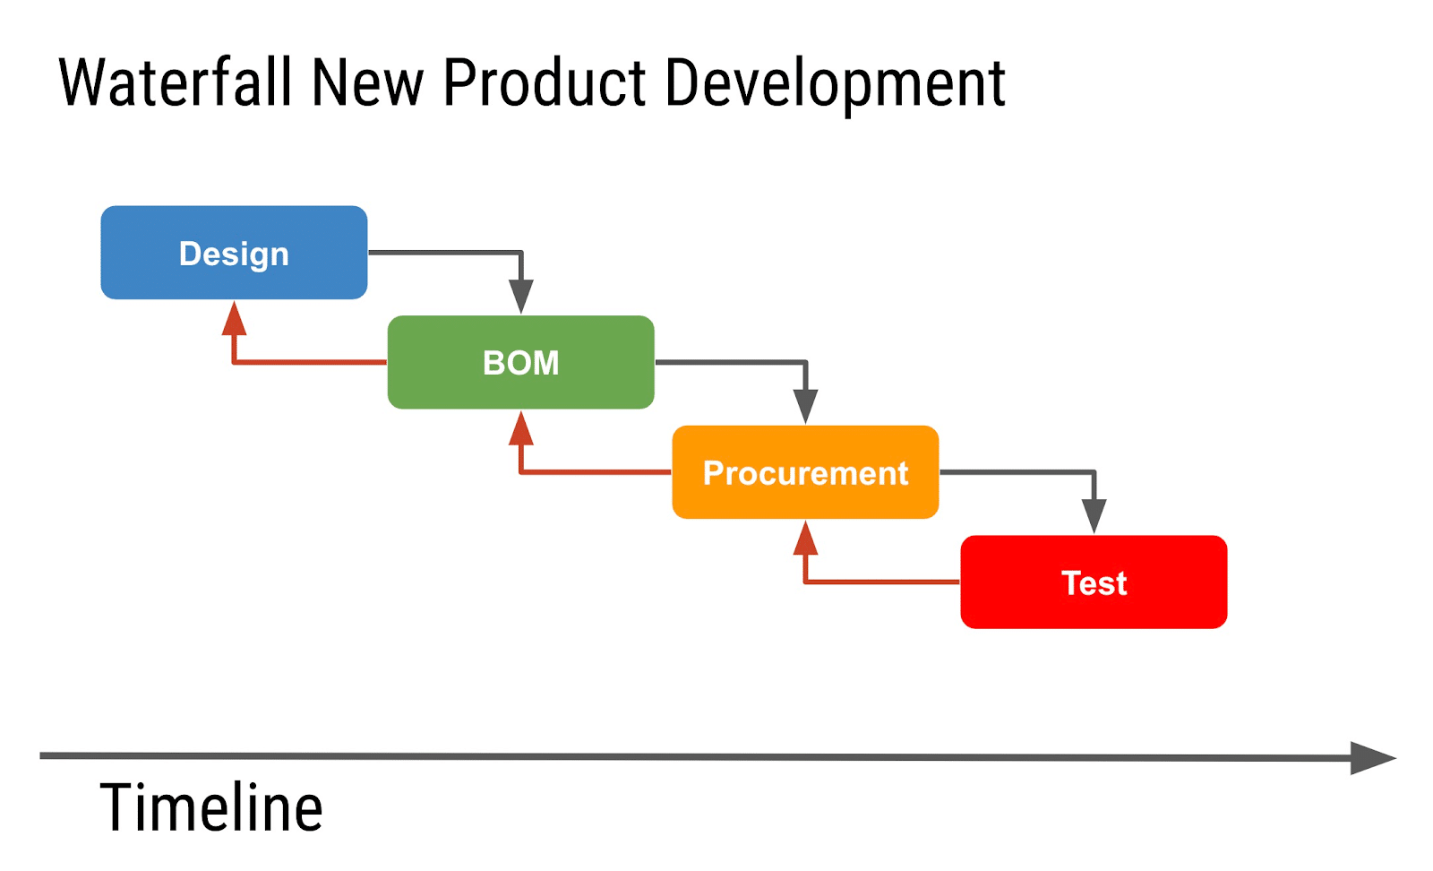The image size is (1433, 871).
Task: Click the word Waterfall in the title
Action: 176,82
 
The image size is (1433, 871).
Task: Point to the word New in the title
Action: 367,82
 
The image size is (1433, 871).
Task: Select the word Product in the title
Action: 545,82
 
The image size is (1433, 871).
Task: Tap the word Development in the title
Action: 835,84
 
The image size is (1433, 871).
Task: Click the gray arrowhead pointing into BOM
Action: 521,296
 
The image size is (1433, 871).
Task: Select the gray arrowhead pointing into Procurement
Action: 806,406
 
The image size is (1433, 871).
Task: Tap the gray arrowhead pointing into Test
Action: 1094,515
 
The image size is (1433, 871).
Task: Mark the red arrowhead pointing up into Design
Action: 234,319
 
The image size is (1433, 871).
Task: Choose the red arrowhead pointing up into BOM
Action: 521,429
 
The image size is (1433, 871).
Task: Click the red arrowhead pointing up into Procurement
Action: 806,539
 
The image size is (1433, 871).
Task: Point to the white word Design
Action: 234,254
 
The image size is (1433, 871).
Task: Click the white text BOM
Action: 520,363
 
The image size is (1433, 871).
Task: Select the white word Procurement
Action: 805,472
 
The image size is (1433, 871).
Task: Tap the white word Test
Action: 1094,582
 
